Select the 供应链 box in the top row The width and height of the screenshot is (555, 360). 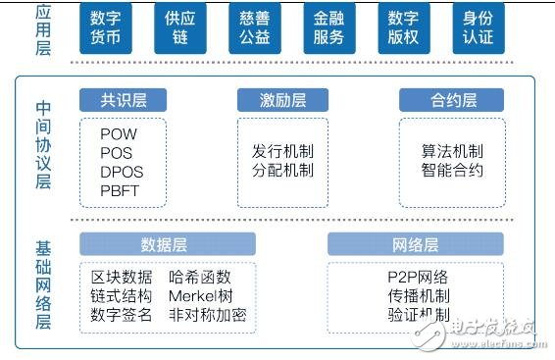pos(178,29)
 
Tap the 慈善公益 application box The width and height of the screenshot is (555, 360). pos(253,29)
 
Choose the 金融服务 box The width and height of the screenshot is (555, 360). pos(328,29)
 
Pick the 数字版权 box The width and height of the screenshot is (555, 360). pos(403,29)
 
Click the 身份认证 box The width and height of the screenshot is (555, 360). pos(479,29)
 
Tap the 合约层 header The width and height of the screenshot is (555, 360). pos(451,100)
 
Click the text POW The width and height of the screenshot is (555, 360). pos(119,133)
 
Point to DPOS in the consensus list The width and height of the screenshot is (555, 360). pos(122,172)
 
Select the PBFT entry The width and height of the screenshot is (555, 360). pos(121,190)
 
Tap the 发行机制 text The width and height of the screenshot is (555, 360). pos(282,152)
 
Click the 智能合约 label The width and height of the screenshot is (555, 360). pos(452,171)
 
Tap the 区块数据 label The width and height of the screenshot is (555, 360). pos(122,278)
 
